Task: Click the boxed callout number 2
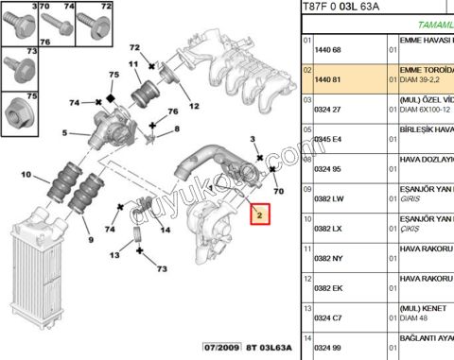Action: [x=260, y=214]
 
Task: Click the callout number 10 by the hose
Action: [x=26, y=176]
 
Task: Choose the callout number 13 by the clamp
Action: [x=114, y=255]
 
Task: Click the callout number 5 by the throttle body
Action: [x=64, y=133]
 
